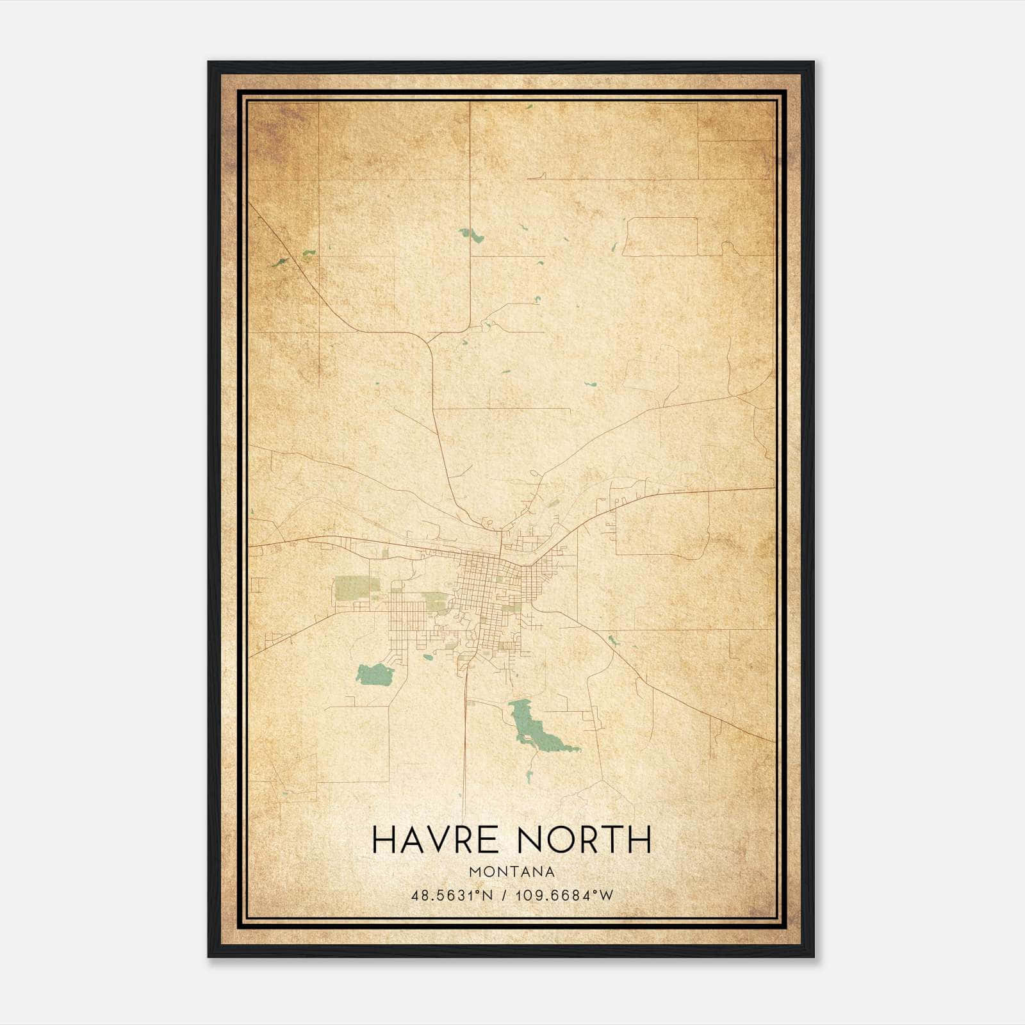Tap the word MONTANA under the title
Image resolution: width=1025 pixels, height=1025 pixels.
tap(512, 872)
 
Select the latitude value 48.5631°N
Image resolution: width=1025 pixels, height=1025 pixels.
tap(452, 895)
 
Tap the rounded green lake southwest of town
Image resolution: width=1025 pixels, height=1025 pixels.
tap(375, 673)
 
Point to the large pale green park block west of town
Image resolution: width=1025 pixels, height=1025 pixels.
tap(350, 587)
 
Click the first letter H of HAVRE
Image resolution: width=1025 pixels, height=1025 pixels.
tap(384, 839)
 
